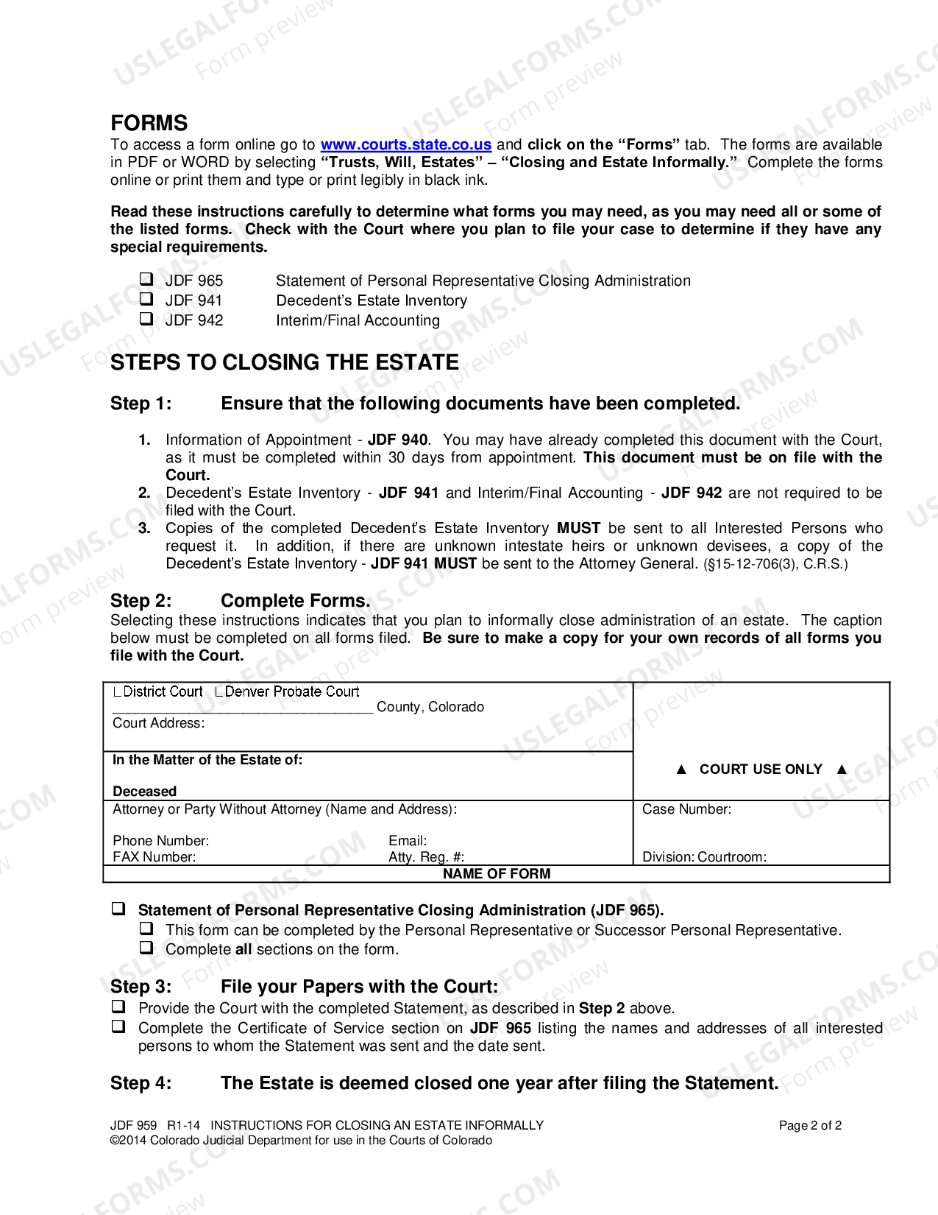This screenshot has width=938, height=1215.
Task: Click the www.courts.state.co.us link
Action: [405, 145]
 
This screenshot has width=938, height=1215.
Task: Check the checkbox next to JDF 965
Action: [146, 279]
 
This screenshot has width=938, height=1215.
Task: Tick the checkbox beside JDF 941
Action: [146, 299]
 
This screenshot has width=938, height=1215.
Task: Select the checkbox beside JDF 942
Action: [146, 319]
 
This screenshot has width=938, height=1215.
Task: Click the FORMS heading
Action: [149, 123]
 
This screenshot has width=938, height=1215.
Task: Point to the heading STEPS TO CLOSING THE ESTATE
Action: [284, 362]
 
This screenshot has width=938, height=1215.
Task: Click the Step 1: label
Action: [141, 404]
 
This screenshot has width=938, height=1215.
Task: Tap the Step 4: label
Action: [141, 1083]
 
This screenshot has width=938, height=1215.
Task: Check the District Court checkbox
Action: [118, 692]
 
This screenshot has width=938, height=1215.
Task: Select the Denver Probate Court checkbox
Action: [219, 692]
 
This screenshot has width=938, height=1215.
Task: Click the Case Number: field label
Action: [686, 809]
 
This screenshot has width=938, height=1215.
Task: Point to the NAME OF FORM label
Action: [496, 874]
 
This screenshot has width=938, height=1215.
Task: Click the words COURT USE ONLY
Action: [761, 769]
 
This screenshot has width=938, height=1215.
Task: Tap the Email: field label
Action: [408, 841]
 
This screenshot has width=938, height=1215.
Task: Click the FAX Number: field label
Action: [154, 857]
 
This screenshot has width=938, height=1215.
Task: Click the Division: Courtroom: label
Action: [704, 857]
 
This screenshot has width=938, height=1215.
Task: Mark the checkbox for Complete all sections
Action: [146, 948]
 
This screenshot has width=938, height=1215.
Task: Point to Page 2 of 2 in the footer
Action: [810, 1126]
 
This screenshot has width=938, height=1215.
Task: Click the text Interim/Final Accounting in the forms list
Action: [358, 320]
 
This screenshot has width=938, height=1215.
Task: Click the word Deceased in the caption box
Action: [144, 792]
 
